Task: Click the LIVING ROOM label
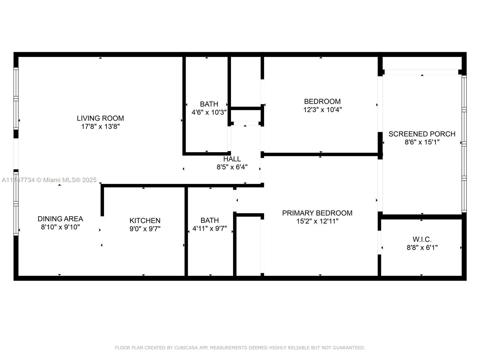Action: pyautogui.click(x=100, y=118)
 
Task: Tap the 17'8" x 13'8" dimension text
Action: pyautogui.click(x=100, y=127)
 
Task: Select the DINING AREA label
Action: pyautogui.click(x=60, y=219)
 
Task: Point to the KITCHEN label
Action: pyautogui.click(x=145, y=220)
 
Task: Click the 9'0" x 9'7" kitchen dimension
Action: pyautogui.click(x=145, y=229)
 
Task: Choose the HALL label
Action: pyautogui.click(x=232, y=159)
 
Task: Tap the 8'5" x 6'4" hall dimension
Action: pyautogui.click(x=232, y=167)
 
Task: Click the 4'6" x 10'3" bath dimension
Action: pyautogui.click(x=209, y=112)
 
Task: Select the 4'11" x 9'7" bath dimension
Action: pyautogui.click(x=209, y=229)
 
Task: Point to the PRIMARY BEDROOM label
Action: pyautogui.click(x=317, y=213)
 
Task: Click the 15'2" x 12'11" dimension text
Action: pyautogui.click(x=317, y=221)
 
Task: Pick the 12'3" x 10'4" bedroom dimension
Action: pyautogui.click(x=322, y=110)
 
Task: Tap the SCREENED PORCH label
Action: pyautogui.click(x=422, y=134)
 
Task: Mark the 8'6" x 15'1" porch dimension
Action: pyautogui.click(x=422, y=142)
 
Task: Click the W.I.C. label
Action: pyautogui.click(x=422, y=239)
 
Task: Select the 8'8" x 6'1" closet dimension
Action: pyautogui.click(x=422, y=248)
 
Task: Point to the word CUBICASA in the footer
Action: pyautogui.click(x=186, y=347)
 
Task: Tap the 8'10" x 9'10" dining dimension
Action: pyautogui.click(x=60, y=227)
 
